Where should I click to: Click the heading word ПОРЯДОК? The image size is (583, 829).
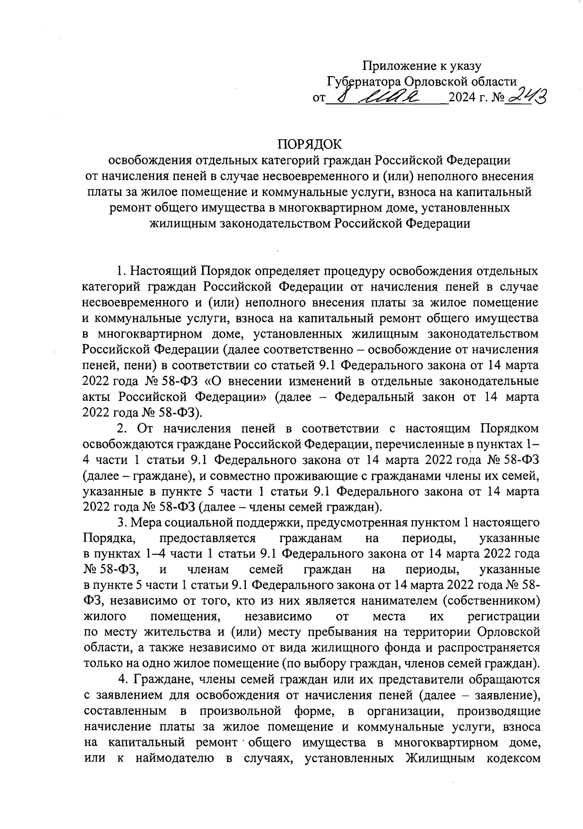[x=309, y=144]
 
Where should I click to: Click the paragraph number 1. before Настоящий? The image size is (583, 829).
[x=121, y=270]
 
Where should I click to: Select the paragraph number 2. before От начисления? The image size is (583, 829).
[x=121, y=429]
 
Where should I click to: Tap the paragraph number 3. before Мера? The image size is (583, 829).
[x=121, y=523]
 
